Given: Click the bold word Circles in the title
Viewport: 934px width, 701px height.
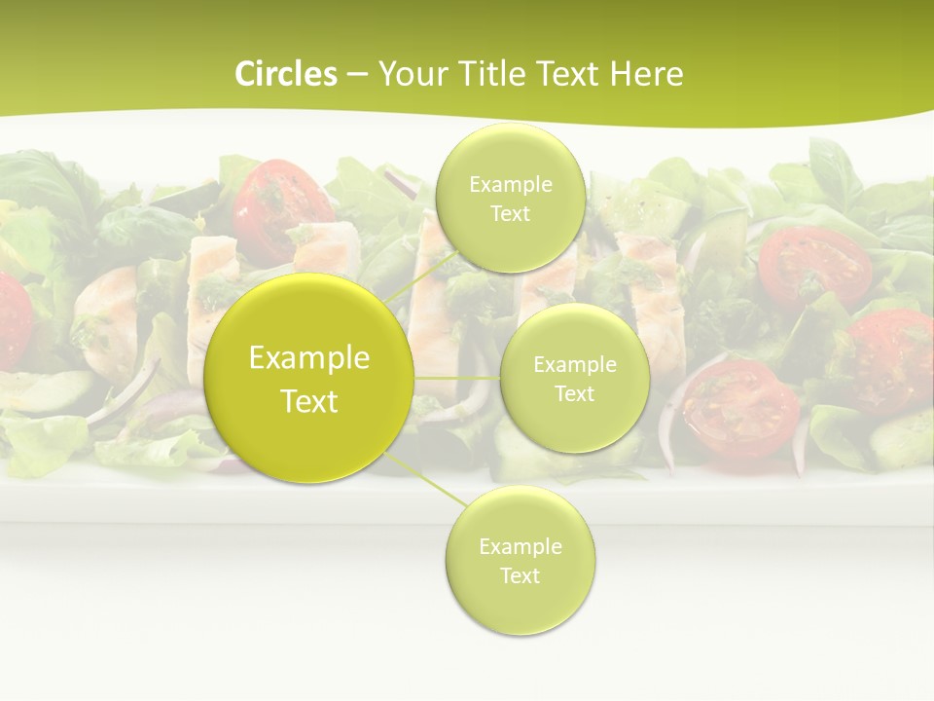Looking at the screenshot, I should pos(285,74).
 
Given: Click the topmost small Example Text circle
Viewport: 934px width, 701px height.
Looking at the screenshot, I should pos(510,200).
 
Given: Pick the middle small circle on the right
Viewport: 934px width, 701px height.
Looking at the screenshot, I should pos(574,379).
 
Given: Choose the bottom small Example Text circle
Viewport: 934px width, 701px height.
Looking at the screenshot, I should pos(520,561).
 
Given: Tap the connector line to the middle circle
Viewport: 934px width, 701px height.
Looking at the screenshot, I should pos(457,378).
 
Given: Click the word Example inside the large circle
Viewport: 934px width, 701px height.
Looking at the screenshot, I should pos(309,358).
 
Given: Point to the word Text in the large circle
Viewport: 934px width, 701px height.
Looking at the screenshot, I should pos(309,401).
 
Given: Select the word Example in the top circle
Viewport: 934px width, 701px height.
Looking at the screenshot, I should pos(510,185).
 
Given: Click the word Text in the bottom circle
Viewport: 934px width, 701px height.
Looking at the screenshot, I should pos(520,575).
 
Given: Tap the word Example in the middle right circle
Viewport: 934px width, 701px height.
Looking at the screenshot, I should pos(574,365).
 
